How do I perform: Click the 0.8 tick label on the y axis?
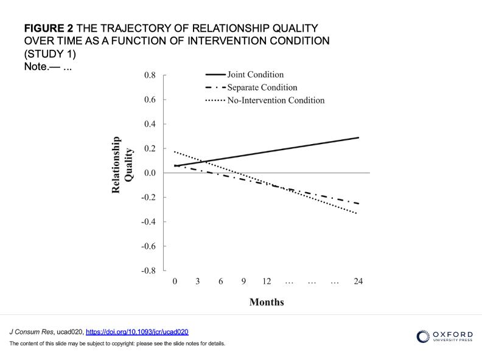coord(150,75)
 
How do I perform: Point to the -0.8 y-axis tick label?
coord(148,271)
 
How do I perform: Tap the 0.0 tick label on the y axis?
coord(150,173)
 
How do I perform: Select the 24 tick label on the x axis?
coord(358,282)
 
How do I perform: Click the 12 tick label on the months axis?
coord(267,282)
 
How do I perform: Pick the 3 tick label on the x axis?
coord(198,282)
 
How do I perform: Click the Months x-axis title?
coord(267,302)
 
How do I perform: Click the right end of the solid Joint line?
coord(358,137)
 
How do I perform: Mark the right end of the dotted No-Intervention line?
coord(357,213)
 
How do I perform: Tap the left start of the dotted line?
coord(175,151)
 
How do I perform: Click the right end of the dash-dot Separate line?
coord(358,204)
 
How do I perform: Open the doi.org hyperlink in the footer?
coord(137,332)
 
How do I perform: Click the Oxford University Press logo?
coord(444,336)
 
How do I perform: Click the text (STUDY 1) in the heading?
coord(50,54)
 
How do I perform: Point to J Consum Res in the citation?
coord(31,332)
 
